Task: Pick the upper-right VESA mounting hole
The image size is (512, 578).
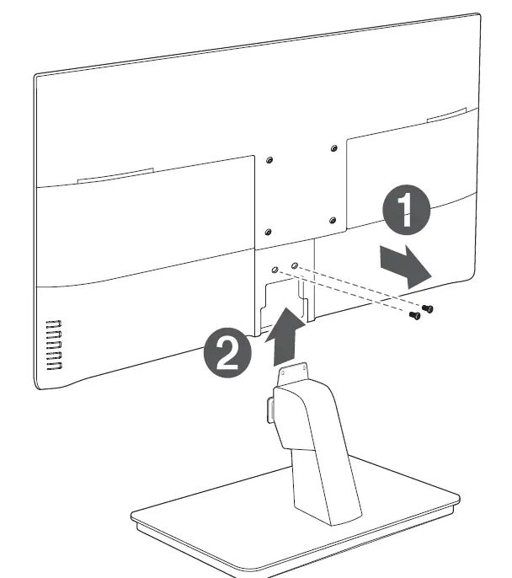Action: point(334,149)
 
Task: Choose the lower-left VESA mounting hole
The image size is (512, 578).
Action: point(268,231)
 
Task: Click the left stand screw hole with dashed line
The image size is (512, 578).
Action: point(275,270)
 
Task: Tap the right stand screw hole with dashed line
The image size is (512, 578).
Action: point(294,265)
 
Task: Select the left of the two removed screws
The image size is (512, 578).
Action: point(413,316)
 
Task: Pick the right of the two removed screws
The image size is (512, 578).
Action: point(429,308)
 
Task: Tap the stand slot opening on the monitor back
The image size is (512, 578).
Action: point(286,299)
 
